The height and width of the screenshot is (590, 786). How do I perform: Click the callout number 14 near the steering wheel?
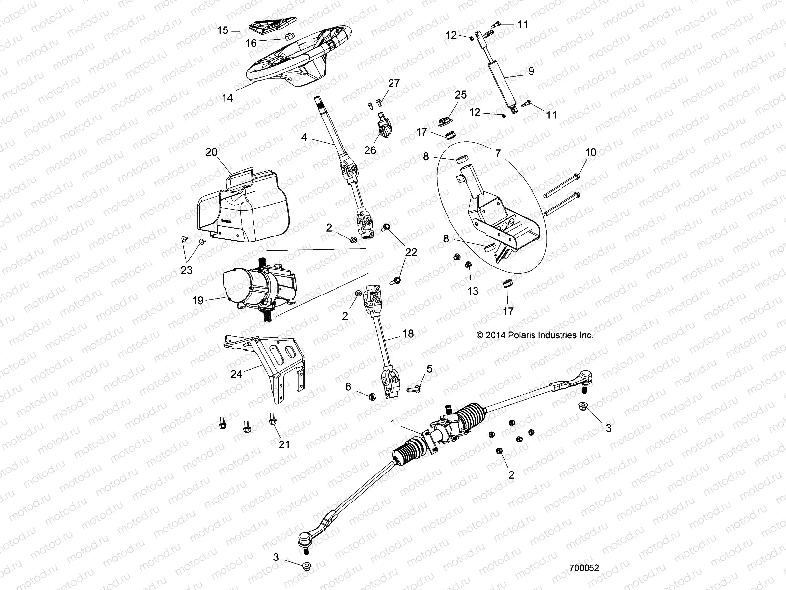tap(227, 98)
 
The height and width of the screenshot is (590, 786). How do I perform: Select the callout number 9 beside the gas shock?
tap(531, 71)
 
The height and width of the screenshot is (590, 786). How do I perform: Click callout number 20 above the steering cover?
tap(211, 152)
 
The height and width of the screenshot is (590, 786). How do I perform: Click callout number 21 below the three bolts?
tap(284, 444)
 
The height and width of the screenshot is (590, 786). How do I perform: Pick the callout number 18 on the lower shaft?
tap(408, 334)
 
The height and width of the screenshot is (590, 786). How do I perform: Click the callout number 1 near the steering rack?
tap(392, 423)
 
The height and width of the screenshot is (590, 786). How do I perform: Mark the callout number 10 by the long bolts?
tap(590, 152)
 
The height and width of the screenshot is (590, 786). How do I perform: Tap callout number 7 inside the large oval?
tap(498, 154)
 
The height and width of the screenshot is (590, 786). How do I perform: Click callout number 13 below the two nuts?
tap(472, 291)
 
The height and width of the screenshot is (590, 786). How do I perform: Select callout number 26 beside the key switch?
tap(370, 150)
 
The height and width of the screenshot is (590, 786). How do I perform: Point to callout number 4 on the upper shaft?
tap(304, 138)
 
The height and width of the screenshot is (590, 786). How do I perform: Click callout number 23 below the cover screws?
tap(186, 270)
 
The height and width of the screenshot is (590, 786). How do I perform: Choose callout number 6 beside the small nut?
tap(348, 387)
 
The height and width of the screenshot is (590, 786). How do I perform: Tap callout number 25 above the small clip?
tap(460, 94)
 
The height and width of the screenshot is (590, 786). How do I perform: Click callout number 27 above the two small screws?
tap(394, 83)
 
